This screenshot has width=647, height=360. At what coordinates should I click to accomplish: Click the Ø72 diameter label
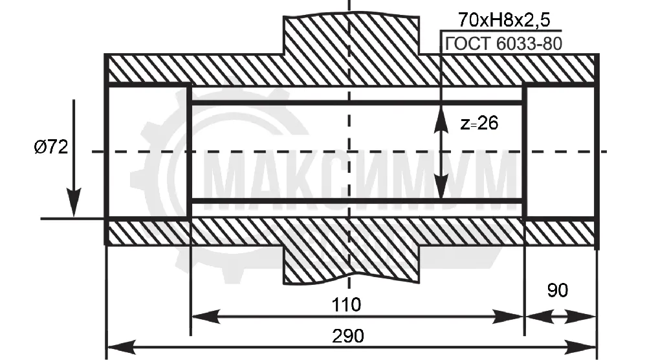50,146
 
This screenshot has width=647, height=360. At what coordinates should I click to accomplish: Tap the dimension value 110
347,305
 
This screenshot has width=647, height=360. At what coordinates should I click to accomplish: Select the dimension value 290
348,336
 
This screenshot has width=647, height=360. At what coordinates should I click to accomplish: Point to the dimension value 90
558,290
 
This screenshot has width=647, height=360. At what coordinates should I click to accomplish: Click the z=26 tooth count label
479,123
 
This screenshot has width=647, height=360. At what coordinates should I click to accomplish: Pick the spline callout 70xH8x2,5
504,20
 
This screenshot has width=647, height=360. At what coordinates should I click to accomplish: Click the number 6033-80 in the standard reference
529,44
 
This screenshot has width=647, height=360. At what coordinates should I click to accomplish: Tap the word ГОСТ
468,44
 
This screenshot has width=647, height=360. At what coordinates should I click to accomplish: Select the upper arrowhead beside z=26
441,120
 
